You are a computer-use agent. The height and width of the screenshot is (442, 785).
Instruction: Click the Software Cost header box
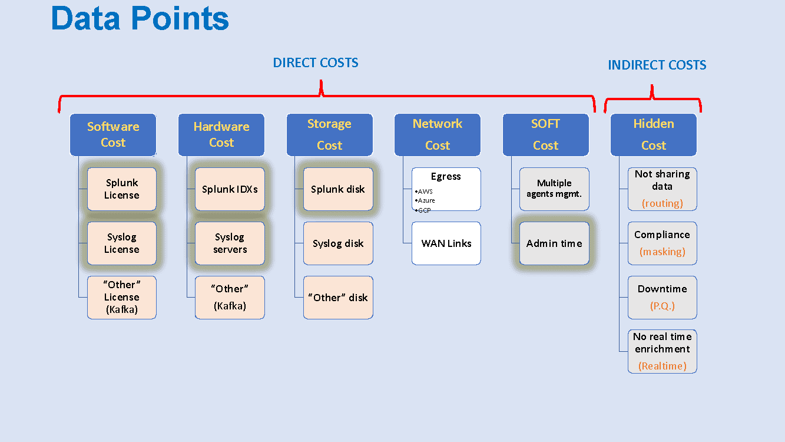point(113,134)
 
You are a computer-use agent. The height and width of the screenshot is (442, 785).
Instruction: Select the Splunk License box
point(122,189)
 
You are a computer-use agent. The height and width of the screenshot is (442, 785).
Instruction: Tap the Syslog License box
point(122,243)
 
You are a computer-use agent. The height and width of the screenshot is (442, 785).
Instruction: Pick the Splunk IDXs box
point(230,189)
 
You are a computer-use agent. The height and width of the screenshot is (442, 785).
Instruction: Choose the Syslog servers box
point(230,243)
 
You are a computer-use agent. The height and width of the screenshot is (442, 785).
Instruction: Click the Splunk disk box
point(338,189)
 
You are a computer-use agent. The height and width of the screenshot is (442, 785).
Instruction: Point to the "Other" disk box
point(338,298)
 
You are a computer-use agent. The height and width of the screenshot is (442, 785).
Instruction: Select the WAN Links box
point(446,243)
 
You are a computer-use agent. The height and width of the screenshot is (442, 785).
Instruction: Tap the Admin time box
point(554,243)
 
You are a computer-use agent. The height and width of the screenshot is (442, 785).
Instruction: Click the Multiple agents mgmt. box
point(554,189)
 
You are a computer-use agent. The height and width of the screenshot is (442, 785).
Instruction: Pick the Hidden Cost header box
point(654,134)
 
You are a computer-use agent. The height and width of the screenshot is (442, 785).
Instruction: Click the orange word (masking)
point(663,252)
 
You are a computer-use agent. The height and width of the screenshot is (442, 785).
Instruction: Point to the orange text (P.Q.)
point(663,306)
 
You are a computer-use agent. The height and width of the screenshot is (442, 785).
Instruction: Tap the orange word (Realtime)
point(663,366)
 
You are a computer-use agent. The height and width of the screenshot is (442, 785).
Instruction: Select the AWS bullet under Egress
point(424,192)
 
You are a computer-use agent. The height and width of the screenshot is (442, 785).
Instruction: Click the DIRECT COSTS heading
point(316,62)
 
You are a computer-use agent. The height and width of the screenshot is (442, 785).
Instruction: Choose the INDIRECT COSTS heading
point(657,65)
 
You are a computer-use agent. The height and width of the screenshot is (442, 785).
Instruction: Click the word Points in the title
point(180,19)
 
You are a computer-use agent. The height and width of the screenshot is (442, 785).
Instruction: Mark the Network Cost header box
point(438,134)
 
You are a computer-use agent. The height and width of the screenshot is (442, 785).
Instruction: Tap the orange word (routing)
point(663,203)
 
